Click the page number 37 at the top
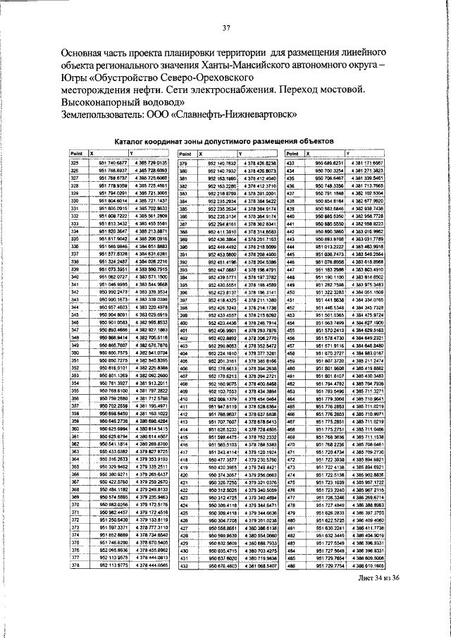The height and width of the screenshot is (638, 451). click(227, 28)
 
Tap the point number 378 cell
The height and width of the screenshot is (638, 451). click(74, 565)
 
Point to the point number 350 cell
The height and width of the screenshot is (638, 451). click(74, 352)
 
